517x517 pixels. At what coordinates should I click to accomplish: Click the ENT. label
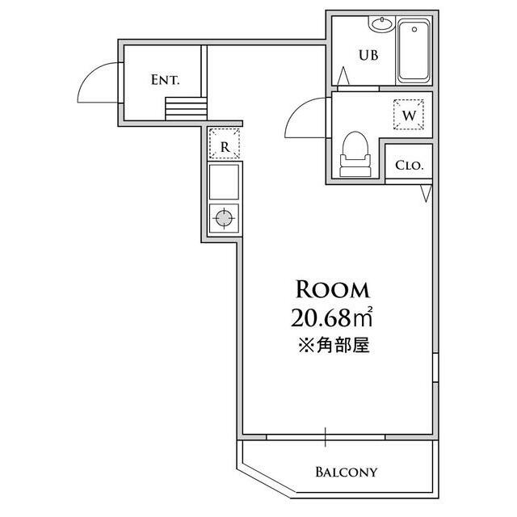click(x=165, y=80)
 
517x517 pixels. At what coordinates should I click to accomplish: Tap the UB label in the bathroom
click(x=368, y=55)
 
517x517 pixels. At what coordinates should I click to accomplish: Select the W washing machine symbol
click(x=409, y=115)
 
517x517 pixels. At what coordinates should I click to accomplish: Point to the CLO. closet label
click(x=410, y=165)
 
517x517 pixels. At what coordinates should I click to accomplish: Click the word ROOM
click(x=332, y=290)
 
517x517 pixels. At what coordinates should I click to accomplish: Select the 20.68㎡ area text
click(x=332, y=317)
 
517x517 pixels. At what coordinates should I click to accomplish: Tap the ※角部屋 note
click(x=334, y=346)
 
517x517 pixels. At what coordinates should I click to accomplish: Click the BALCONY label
click(x=346, y=472)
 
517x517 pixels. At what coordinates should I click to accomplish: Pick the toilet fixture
click(x=355, y=154)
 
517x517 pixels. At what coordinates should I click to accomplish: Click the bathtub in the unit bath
click(x=414, y=50)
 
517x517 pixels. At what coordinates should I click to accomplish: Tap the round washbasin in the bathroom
click(x=382, y=24)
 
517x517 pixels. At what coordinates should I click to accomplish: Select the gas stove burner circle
click(x=224, y=218)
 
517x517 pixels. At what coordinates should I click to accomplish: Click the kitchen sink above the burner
click(x=224, y=182)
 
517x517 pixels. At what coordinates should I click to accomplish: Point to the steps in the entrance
click(x=186, y=109)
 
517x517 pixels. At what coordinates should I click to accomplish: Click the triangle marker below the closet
click(x=426, y=193)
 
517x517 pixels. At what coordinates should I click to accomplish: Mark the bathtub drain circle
click(x=414, y=29)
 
